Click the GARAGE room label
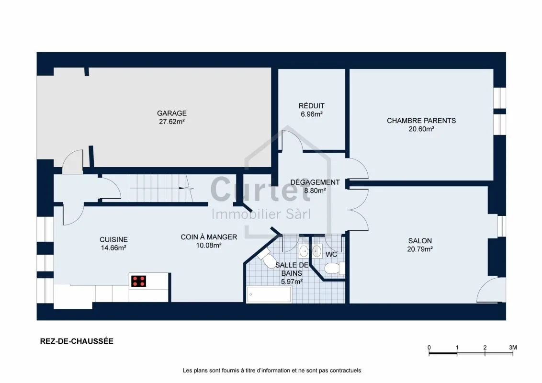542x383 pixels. pos(172,113)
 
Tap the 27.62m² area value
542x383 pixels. pos(172,122)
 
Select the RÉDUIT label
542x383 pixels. pos(311,106)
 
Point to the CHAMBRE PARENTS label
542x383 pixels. pos(421,121)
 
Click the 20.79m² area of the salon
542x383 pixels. pos(420,249)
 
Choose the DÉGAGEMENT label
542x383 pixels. pos(315,182)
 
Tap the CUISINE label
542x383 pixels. pos(113,239)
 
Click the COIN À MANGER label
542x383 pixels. pos(209,237)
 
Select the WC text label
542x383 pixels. pos(331,255)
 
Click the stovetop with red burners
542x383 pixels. pos(138,282)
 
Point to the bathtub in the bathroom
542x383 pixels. pos(269,294)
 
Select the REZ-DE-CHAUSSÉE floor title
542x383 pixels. pos(77,341)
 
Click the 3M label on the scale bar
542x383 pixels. pos(513,348)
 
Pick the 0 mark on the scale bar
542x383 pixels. pos(429,348)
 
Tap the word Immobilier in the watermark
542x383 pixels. pos(246,214)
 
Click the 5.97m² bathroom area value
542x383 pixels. pos(292,282)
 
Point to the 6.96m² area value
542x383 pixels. pos(311,114)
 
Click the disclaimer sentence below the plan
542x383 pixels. pos(271,371)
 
